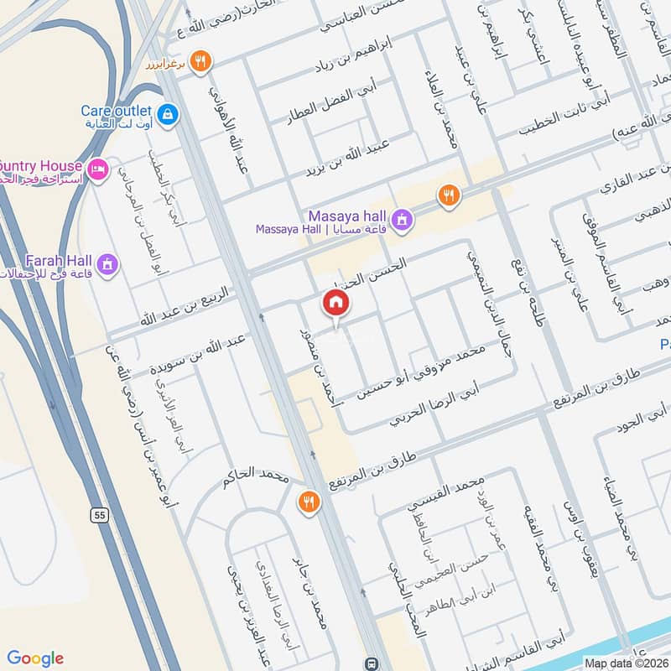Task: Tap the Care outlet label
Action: coord(117,111)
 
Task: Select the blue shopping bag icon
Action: coord(167,113)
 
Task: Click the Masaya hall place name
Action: coord(346,215)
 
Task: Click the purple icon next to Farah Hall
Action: coord(107,266)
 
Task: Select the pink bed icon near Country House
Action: coord(98,170)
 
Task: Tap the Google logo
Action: coord(35,658)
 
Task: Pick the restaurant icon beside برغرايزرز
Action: coord(200,60)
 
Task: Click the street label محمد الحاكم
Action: coord(256,479)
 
